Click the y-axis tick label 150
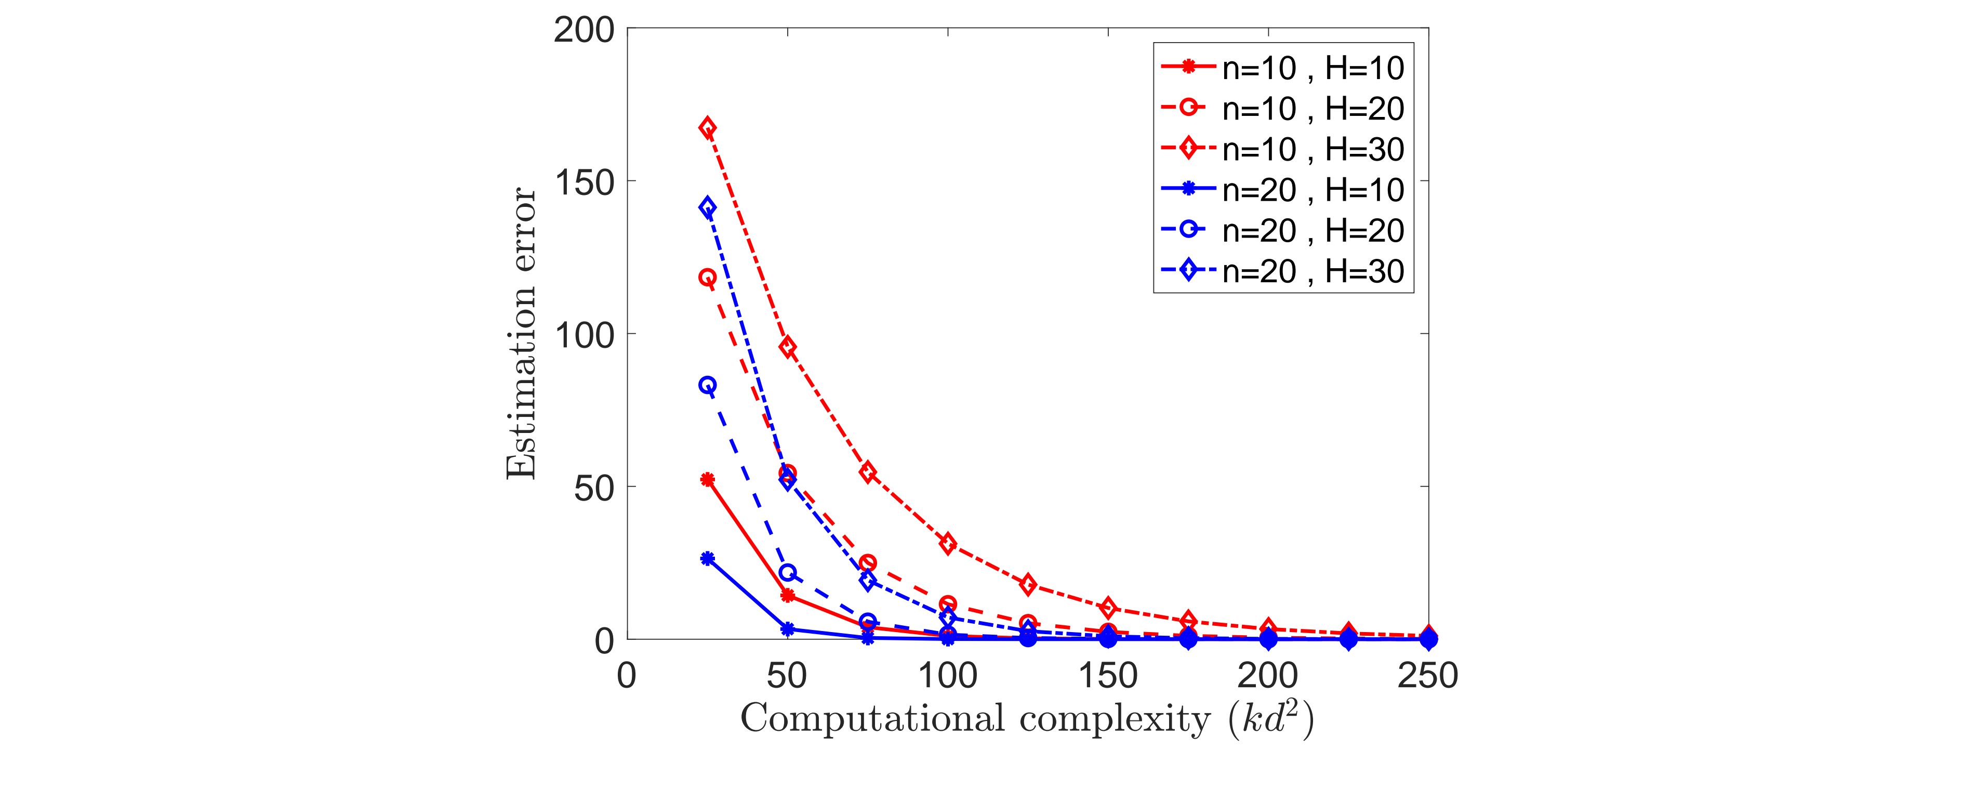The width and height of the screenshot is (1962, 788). [584, 181]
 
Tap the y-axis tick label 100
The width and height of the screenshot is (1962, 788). [584, 335]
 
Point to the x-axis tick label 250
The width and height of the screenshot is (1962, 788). [1427, 675]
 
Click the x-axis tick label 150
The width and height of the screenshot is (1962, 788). [1108, 675]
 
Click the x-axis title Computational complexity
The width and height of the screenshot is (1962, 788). [1027, 719]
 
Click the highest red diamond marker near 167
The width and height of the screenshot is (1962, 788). [708, 127]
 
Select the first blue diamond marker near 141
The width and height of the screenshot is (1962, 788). [708, 207]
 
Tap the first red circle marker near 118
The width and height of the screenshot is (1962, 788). [708, 278]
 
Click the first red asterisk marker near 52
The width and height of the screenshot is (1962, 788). [708, 479]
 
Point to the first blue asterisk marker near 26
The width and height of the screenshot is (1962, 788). [708, 559]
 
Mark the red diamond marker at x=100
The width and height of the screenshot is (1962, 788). [948, 544]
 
